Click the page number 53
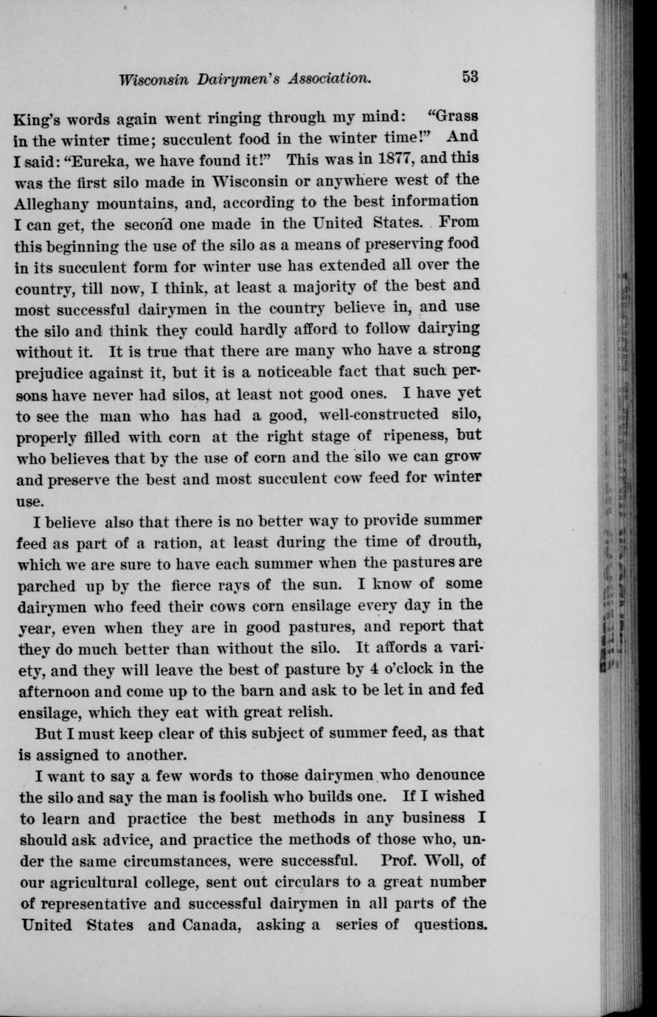pos(471,76)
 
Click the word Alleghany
pos(56,201)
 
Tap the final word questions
pos(448,925)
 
